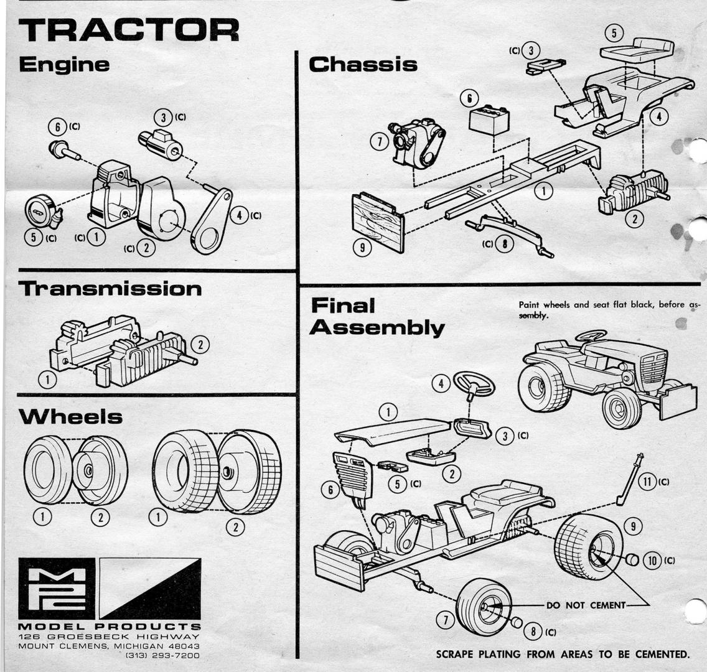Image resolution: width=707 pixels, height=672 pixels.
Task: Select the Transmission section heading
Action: coord(110,289)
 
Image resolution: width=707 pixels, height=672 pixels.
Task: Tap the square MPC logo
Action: coord(57,589)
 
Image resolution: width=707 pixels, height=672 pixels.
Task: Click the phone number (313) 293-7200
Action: coord(162,656)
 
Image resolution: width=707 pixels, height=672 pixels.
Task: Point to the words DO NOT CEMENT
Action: coord(585,605)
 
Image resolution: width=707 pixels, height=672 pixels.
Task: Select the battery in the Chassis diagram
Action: coord(489,119)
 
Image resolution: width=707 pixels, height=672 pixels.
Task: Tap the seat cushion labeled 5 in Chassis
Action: coord(637,48)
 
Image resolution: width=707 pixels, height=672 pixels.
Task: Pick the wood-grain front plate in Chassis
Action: coord(377,221)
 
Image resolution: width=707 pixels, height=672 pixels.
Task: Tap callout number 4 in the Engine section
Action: coord(239,216)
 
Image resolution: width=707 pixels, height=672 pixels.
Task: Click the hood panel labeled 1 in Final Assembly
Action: coord(392,431)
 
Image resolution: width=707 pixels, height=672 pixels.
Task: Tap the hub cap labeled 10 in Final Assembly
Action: coord(632,559)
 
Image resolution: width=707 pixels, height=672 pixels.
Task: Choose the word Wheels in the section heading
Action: coord(70,417)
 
